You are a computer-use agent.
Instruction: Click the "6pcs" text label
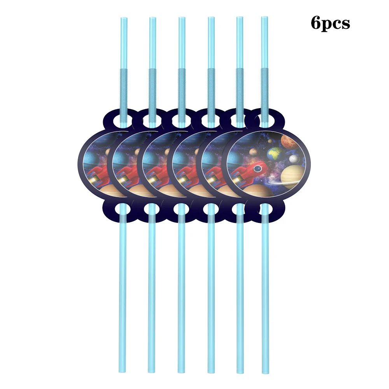point(330,23)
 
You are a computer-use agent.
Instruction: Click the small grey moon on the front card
point(293,158)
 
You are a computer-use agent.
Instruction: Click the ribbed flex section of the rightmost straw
point(265,81)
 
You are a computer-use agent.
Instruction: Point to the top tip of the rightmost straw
point(265,18)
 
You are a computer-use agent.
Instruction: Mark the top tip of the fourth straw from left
point(211,18)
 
